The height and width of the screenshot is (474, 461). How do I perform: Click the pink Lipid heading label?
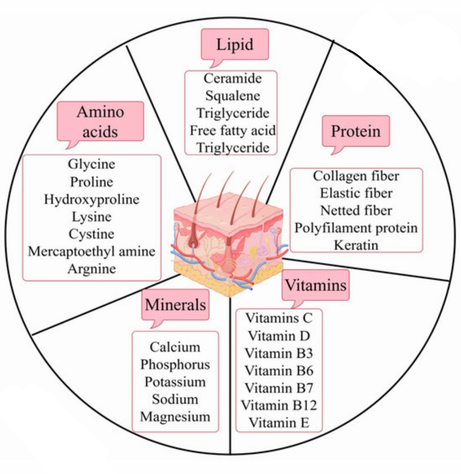pyautogui.click(x=235, y=44)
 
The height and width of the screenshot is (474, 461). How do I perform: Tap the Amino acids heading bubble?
pyautogui.click(x=100, y=121)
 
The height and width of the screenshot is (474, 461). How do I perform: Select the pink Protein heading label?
pyautogui.click(x=355, y=131)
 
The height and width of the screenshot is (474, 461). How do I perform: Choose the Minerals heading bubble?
pyautogui.click(x=175, y=305)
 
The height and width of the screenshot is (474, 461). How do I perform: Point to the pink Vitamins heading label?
pyautogui.click(x=316, y=285)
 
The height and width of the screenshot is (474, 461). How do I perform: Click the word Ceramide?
pyautogui.click(x=233, y=79)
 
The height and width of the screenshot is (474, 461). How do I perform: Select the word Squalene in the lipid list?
pyautogui.click(x=233, y=96)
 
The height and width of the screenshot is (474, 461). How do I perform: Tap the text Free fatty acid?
pyautogui.click(x=233, y=130)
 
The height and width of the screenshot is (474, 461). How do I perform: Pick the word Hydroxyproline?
pyautogui.click(x=92, y=200)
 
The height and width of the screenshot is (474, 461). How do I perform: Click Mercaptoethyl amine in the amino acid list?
pyautogui.click(x=92, y=252)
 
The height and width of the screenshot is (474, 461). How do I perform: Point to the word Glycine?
pyautogui.click(x=92, y=164)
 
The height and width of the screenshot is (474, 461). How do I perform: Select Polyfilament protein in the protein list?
pyautogui.click(x=356, y=228)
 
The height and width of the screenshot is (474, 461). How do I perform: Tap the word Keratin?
pyautogui.click(x=356, y=245)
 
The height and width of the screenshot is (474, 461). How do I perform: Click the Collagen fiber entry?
pyautogui.click(x=356, y=176)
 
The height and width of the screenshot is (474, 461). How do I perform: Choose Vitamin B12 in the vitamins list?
pyautogui.click(x=279, y=405)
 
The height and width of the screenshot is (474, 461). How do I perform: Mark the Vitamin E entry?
pyautogui.click(x=279, y=422)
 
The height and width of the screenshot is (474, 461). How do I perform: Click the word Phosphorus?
pyautogui.click(x=175, y=365)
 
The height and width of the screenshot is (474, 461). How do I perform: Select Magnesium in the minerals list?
pyautogui.click(x=175, y=417)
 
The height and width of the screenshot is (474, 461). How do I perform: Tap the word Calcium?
pyautogui.click(x=175, y=347)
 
